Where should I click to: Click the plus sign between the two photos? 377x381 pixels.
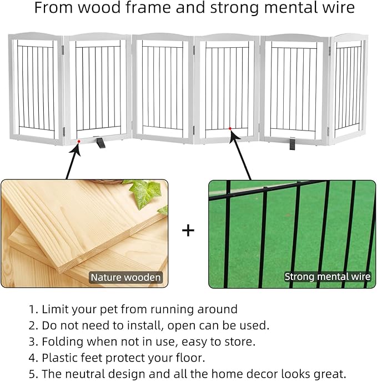pos(188,230)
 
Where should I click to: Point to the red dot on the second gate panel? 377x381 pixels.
pos(79,142)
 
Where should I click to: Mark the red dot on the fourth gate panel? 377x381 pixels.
pos(230,129)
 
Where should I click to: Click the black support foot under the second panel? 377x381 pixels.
pos(101,143)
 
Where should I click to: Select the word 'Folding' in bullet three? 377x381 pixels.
pos(61,341)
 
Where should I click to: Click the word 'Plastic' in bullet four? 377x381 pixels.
pos(59,357)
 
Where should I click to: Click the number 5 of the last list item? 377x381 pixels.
pos(32,373)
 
